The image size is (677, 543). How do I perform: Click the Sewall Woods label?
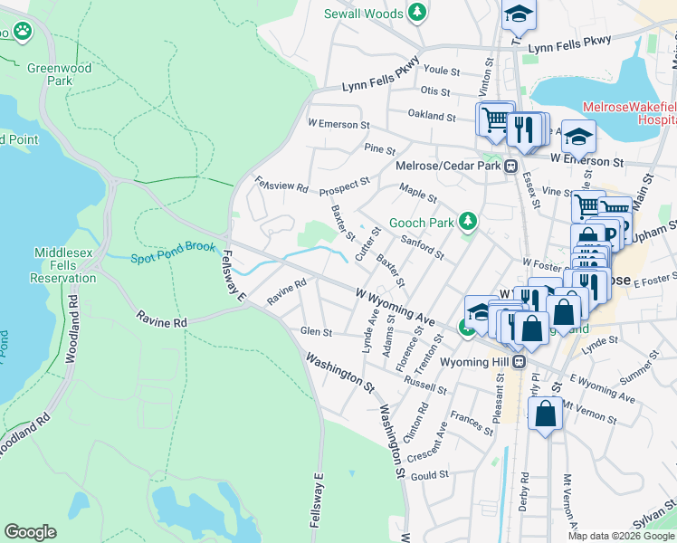(x=363, y=13)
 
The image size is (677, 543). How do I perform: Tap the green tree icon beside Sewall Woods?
(x=416, y=12)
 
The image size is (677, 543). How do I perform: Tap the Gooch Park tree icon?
(x=467, y=222)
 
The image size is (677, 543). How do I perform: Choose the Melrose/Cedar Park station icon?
(x=511, y=166)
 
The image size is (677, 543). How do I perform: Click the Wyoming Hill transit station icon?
(x=520, y=361)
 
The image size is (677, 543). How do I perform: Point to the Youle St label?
(x=443, y=70)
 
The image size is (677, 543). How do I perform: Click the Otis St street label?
(x=435, y=91)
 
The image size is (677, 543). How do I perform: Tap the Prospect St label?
(x=344, y=186)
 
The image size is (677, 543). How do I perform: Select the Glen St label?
(x=316, y=332)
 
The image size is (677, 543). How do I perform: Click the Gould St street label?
(x=429, y=474)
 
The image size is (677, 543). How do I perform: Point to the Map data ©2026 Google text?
(x=621, y=536)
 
